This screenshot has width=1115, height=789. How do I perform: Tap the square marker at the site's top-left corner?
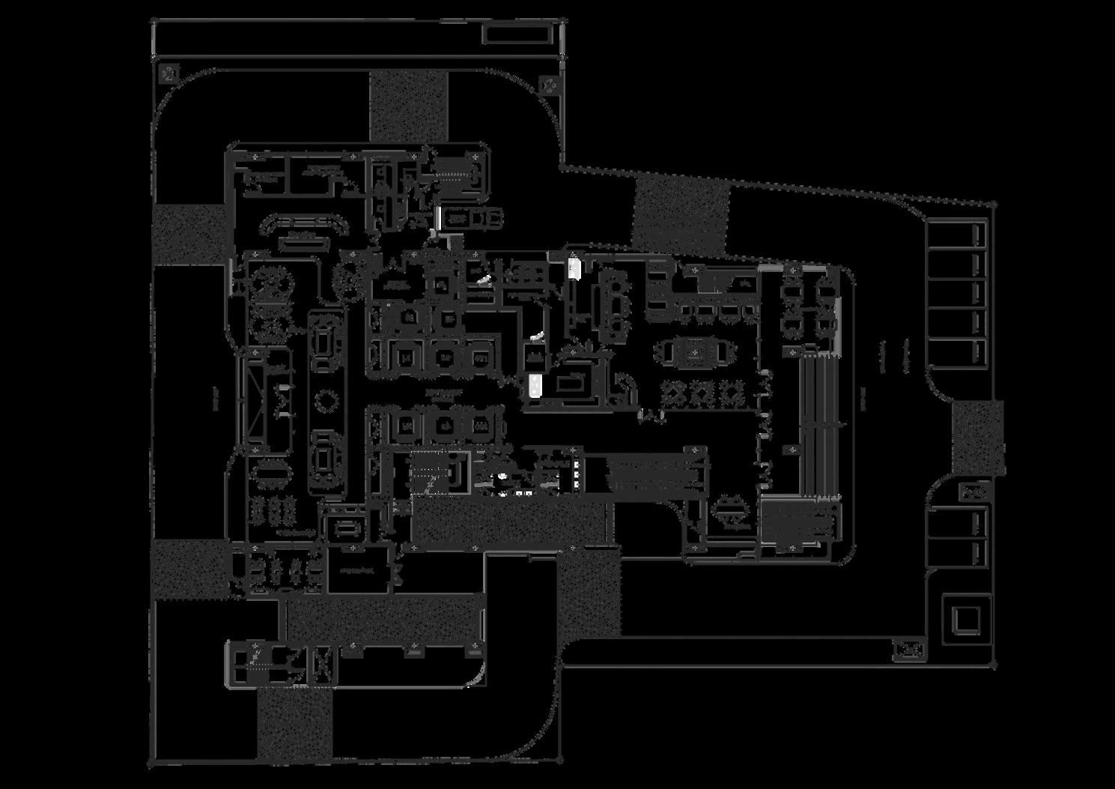(x=169, y=73)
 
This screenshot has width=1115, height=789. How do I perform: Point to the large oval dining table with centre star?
(x=693, y=351)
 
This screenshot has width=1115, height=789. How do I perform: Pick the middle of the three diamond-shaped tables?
(x=702, y=391)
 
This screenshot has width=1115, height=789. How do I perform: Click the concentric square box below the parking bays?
(x=966, y=620)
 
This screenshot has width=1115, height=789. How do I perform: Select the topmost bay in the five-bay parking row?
(x=957, y=235)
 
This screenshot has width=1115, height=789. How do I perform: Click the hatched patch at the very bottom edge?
(x=294, y=724)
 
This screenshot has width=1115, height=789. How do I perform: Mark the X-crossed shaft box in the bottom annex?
(x=323, y=663)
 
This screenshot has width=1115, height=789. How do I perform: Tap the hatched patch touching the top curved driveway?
(x=408, y=105)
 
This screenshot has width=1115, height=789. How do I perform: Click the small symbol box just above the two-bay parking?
(x=973, y=492)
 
